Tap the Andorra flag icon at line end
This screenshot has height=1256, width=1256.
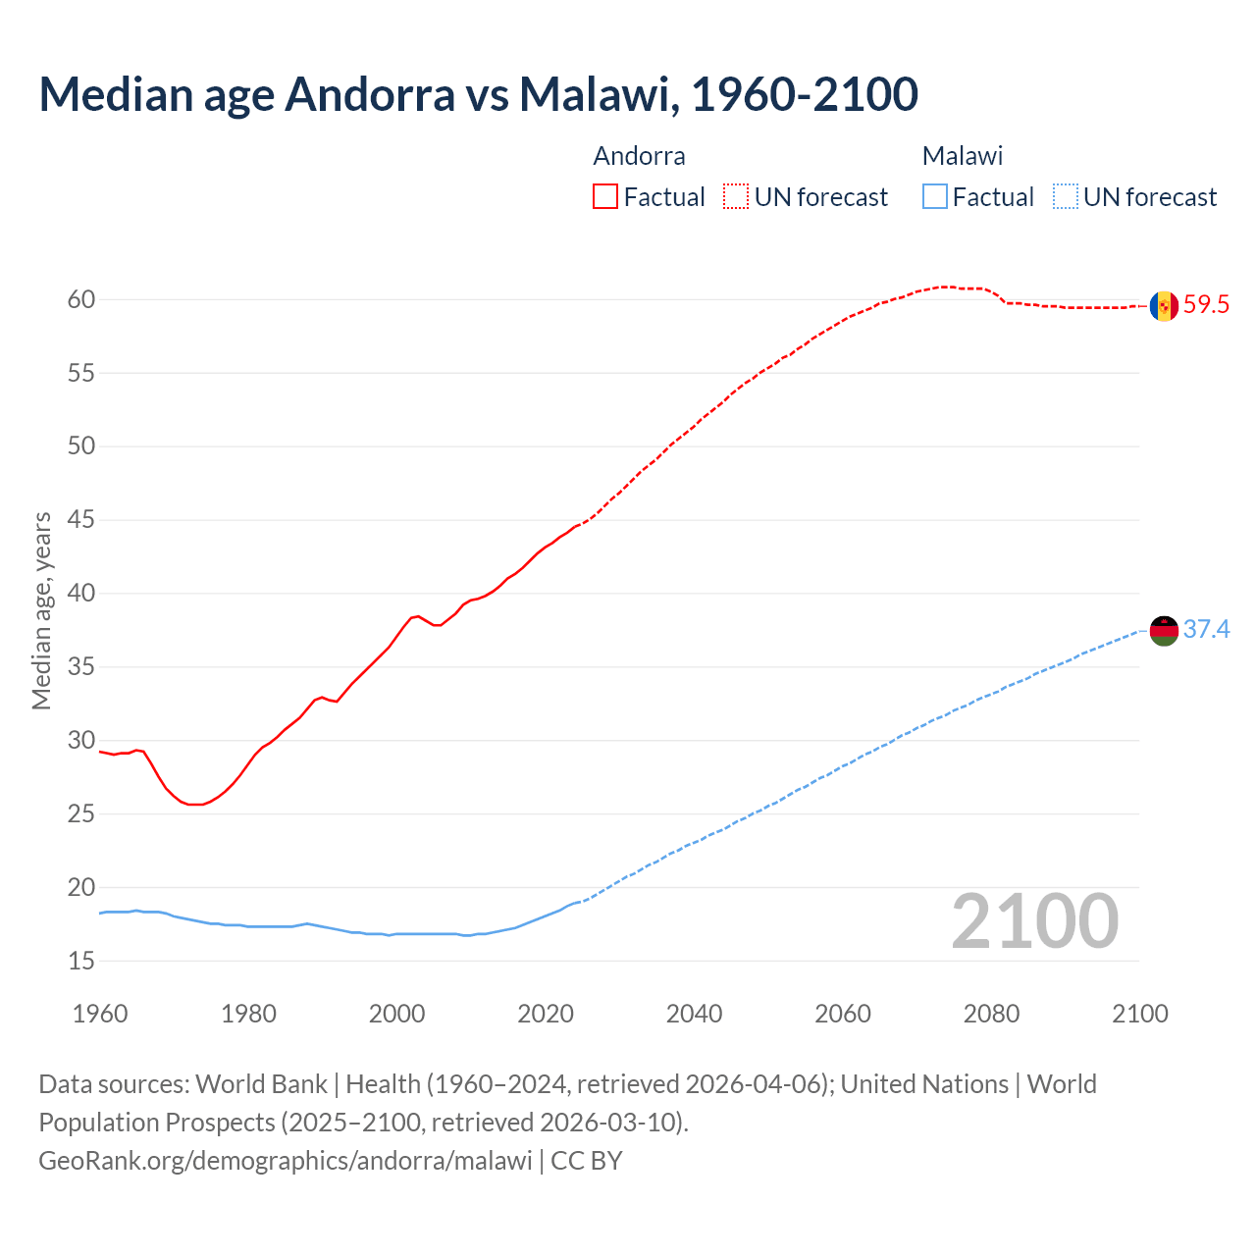[x=1164, y=306]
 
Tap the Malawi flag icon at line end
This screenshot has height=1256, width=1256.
[x=1164, y=630]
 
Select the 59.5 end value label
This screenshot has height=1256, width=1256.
[x=1206, y=305]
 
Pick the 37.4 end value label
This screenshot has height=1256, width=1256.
[x=1206, y=630]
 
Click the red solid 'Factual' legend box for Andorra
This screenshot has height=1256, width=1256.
[x=605, y=197]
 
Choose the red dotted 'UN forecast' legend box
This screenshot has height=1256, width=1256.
[x=736, y=197]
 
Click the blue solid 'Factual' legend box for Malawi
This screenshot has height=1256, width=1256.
[x=935, y=197]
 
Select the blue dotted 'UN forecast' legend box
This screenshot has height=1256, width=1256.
[x=1065, y=197]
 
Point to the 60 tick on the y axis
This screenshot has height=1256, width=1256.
[x=81, y=300]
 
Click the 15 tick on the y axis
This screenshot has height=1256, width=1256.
[x=81, y=962]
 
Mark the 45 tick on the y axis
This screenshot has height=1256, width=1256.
[x=81, y=520]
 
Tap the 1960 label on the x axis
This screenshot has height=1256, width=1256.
[x=100, y=1014]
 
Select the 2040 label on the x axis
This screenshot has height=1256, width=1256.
[x=694, y=1014]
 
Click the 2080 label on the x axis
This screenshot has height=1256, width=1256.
[x=991, y=1014]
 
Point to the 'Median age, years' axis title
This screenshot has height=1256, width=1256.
[x=41, y=610]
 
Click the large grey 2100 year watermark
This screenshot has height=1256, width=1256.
[x=1034, y=921]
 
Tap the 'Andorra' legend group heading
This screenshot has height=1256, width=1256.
[x=639, y=156]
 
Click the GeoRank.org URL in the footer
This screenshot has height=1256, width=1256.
[x=285, y=1161]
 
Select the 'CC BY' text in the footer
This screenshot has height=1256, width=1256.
[x=587, y=1161]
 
